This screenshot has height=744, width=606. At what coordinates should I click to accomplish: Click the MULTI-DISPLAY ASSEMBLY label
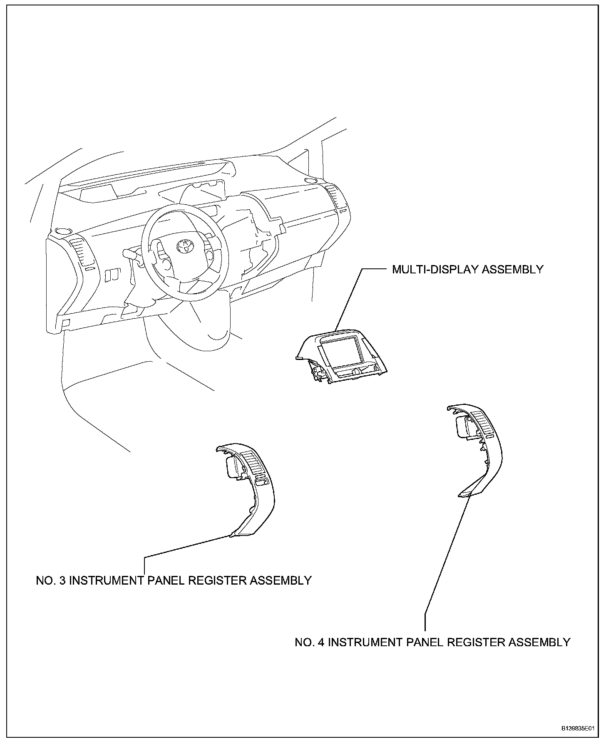467,270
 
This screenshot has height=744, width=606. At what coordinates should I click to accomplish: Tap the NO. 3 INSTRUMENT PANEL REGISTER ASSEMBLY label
174,580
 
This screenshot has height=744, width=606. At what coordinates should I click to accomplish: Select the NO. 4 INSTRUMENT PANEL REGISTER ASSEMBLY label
432,642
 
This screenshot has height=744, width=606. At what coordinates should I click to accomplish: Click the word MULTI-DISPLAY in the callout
435,270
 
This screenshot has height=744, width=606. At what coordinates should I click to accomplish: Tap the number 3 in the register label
62,580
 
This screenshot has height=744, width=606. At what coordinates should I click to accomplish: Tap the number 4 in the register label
321,642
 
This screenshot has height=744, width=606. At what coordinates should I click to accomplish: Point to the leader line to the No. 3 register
187,546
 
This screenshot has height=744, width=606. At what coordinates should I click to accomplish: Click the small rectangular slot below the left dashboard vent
89,270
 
